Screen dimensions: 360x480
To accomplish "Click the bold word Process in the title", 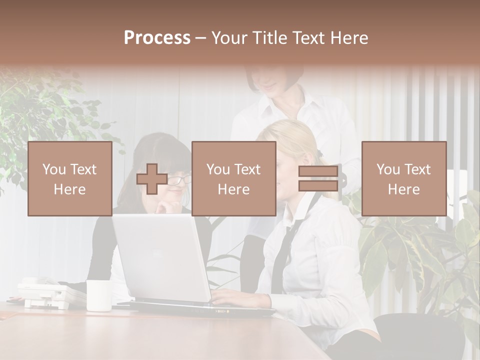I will click(x=157, y=38).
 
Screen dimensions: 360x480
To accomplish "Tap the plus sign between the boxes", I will click(x=152, y=179).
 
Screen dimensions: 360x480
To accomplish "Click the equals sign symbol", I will click(x=318, y=178).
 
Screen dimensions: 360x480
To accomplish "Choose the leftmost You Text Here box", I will click(x=70, y=178).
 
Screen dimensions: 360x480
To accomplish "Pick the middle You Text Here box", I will click(x=234, y=178).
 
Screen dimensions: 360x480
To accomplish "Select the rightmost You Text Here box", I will click(x=404, y=178).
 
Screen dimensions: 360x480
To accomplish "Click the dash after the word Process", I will click(x=200, y=38).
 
